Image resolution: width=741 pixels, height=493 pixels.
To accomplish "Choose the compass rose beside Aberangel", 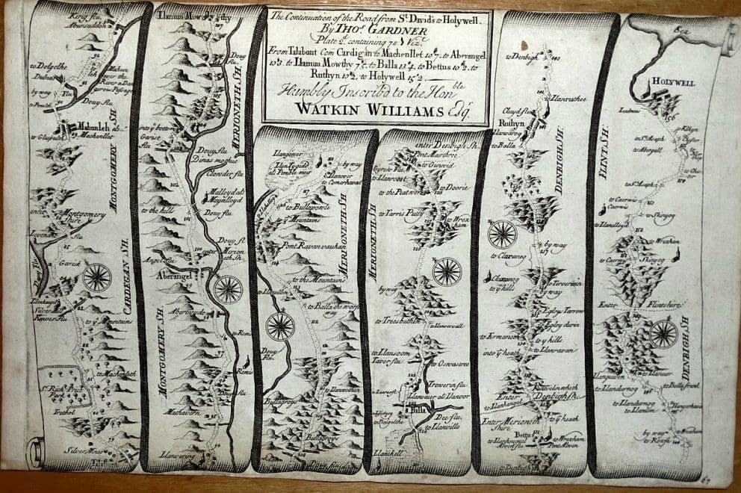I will [x=228, y=288].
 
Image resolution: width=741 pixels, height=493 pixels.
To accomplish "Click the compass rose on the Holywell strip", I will [x=663, y=334].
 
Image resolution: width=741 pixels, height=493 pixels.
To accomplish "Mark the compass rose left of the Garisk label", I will [x=97, y=277].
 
